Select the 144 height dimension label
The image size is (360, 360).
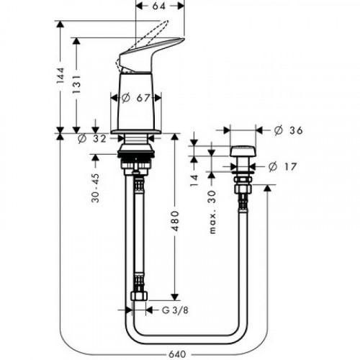tap(62, 76)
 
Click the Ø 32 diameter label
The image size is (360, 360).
tap(91, 139)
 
